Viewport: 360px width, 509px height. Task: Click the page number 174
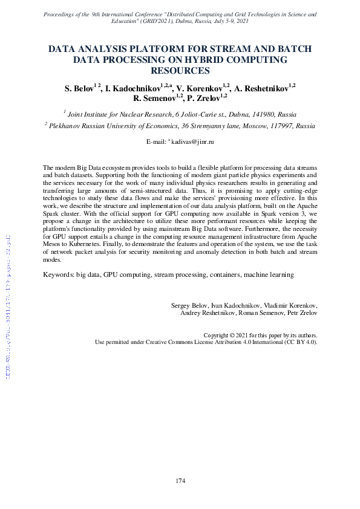click(x=180, y=481)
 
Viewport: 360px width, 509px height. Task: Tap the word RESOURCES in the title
click(x=180, y=71)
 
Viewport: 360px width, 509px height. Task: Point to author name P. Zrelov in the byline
click(x=208, y=98)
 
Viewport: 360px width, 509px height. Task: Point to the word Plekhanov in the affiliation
click(x=67, y=126)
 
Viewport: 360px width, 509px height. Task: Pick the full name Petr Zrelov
click(x=302, y=313)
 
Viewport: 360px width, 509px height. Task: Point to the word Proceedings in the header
click(x=62, y=12)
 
